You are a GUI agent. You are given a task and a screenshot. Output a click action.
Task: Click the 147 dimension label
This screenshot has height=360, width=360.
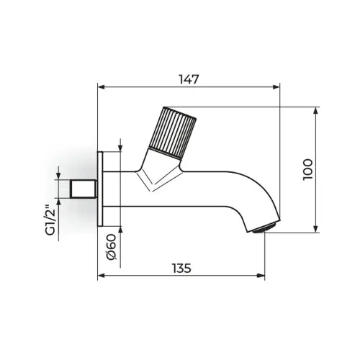pyautogui.click(x=189, y=79)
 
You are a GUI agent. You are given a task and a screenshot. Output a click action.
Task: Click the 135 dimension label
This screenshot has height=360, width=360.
pyautogui.click(x=182, y=268)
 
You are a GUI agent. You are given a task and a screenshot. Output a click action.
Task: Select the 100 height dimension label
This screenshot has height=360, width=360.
pyautogui.click(x=307, y=169)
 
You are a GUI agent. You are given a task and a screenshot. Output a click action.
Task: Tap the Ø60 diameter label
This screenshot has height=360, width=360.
pyautogui.click(x=112, y=247)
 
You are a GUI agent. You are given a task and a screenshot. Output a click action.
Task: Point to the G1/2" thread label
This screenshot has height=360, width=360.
pyautogui.click(x=51, y=220)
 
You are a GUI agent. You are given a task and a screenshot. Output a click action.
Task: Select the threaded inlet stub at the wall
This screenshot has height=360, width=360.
pyautogui.click(x=84, y=189)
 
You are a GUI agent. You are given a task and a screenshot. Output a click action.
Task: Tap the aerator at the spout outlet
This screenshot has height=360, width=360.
pyautogui.click(x=265, y=227)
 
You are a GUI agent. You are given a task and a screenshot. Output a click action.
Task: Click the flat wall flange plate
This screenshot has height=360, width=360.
pyautogui.click(x=100, y=189)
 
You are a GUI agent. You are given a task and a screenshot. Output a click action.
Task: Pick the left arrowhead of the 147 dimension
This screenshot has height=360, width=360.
pyautogui.click(x=102, y=87)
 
